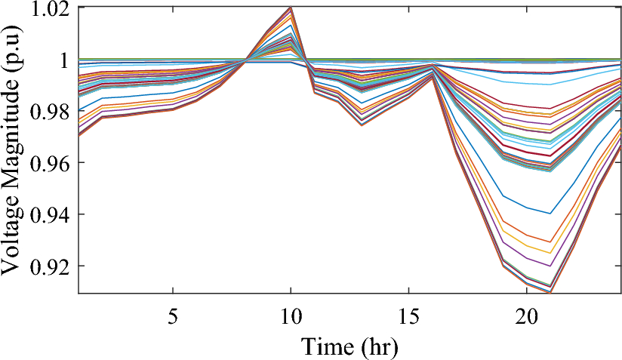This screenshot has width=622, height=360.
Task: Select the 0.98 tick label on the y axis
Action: coord(48,112)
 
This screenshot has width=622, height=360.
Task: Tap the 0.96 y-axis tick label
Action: coord(48,163)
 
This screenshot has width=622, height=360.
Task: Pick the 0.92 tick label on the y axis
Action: coord(48,266)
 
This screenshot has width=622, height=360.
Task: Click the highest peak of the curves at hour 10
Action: coord(291,8)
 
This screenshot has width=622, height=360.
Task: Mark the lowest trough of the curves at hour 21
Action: coord(550,292)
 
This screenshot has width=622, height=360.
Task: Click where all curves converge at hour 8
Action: coord(244,60)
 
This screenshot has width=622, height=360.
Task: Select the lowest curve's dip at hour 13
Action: coord(362,125)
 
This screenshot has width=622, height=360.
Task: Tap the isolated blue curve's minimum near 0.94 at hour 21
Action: coord(550,214)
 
